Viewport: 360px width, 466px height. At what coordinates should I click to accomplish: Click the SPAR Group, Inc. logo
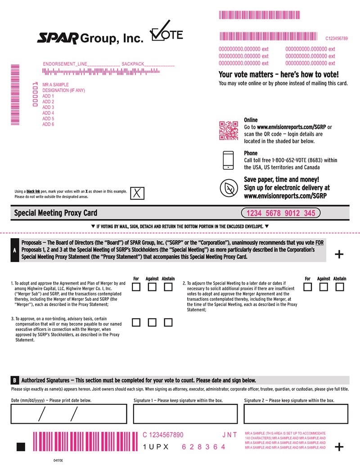(x=90, y=39)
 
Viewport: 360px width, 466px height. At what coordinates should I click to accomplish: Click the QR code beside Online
(x=228, y=131)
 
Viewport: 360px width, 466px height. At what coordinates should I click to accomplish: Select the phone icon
(x=229, y=160)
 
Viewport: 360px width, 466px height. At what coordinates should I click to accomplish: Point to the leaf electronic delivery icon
(x=229, y=187)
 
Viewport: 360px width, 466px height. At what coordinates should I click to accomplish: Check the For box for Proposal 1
(x=136, y=287)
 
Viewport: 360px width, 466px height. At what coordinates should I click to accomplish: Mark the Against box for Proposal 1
(x=153, y=287)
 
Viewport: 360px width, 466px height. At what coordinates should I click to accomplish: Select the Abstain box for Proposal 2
(x=340, y=287)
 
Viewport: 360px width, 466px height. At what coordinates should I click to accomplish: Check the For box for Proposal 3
(x=136, y=322)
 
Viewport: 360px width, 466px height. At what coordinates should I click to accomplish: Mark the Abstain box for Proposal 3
(x=168, y=322)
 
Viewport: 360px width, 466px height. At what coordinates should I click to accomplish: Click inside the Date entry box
(x=67, y=414)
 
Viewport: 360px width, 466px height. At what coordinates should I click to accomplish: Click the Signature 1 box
(x=185, y=414)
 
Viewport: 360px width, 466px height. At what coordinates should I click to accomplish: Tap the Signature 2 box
(x=296, y=414)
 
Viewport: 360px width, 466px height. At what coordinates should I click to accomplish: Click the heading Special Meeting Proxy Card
(x=56, y=213)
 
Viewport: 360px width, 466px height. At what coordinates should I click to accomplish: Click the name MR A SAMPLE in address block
(x=55, y=85)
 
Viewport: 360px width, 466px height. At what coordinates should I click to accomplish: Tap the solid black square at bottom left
(x=20, y=447)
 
